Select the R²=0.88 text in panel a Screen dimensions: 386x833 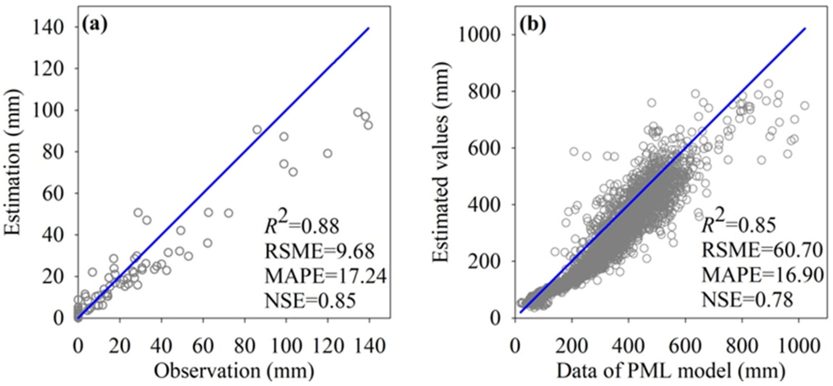point(302,226)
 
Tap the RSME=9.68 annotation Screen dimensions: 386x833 point(319,251)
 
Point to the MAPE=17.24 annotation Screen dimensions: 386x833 point(325,276)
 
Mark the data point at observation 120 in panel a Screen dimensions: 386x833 point(327,153)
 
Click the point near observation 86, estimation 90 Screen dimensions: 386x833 point(257,130)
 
